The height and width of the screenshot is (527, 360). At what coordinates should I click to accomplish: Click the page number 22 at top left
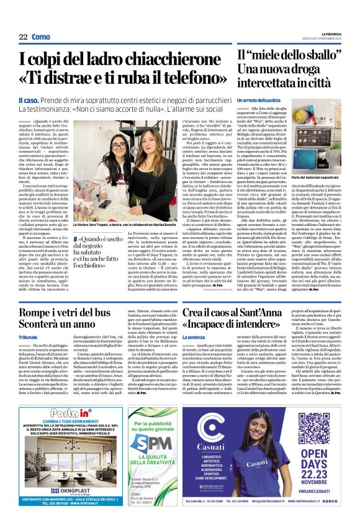click(x=23, y=37)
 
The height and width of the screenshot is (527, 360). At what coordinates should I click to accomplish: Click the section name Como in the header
click(x=41, y=37)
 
